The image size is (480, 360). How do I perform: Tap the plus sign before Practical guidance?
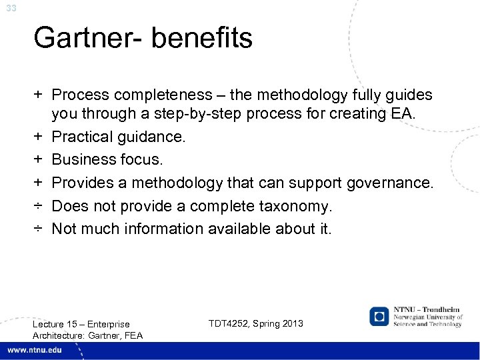tap(39, 137)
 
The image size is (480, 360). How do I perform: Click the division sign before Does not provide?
tap(39, 206)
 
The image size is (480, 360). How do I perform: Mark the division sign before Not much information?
tap(39, 229)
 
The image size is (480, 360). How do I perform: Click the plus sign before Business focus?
tap(39, 160)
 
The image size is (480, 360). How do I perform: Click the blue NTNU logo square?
tap(379, 317)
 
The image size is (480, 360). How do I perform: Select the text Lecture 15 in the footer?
tap(55, 324)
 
